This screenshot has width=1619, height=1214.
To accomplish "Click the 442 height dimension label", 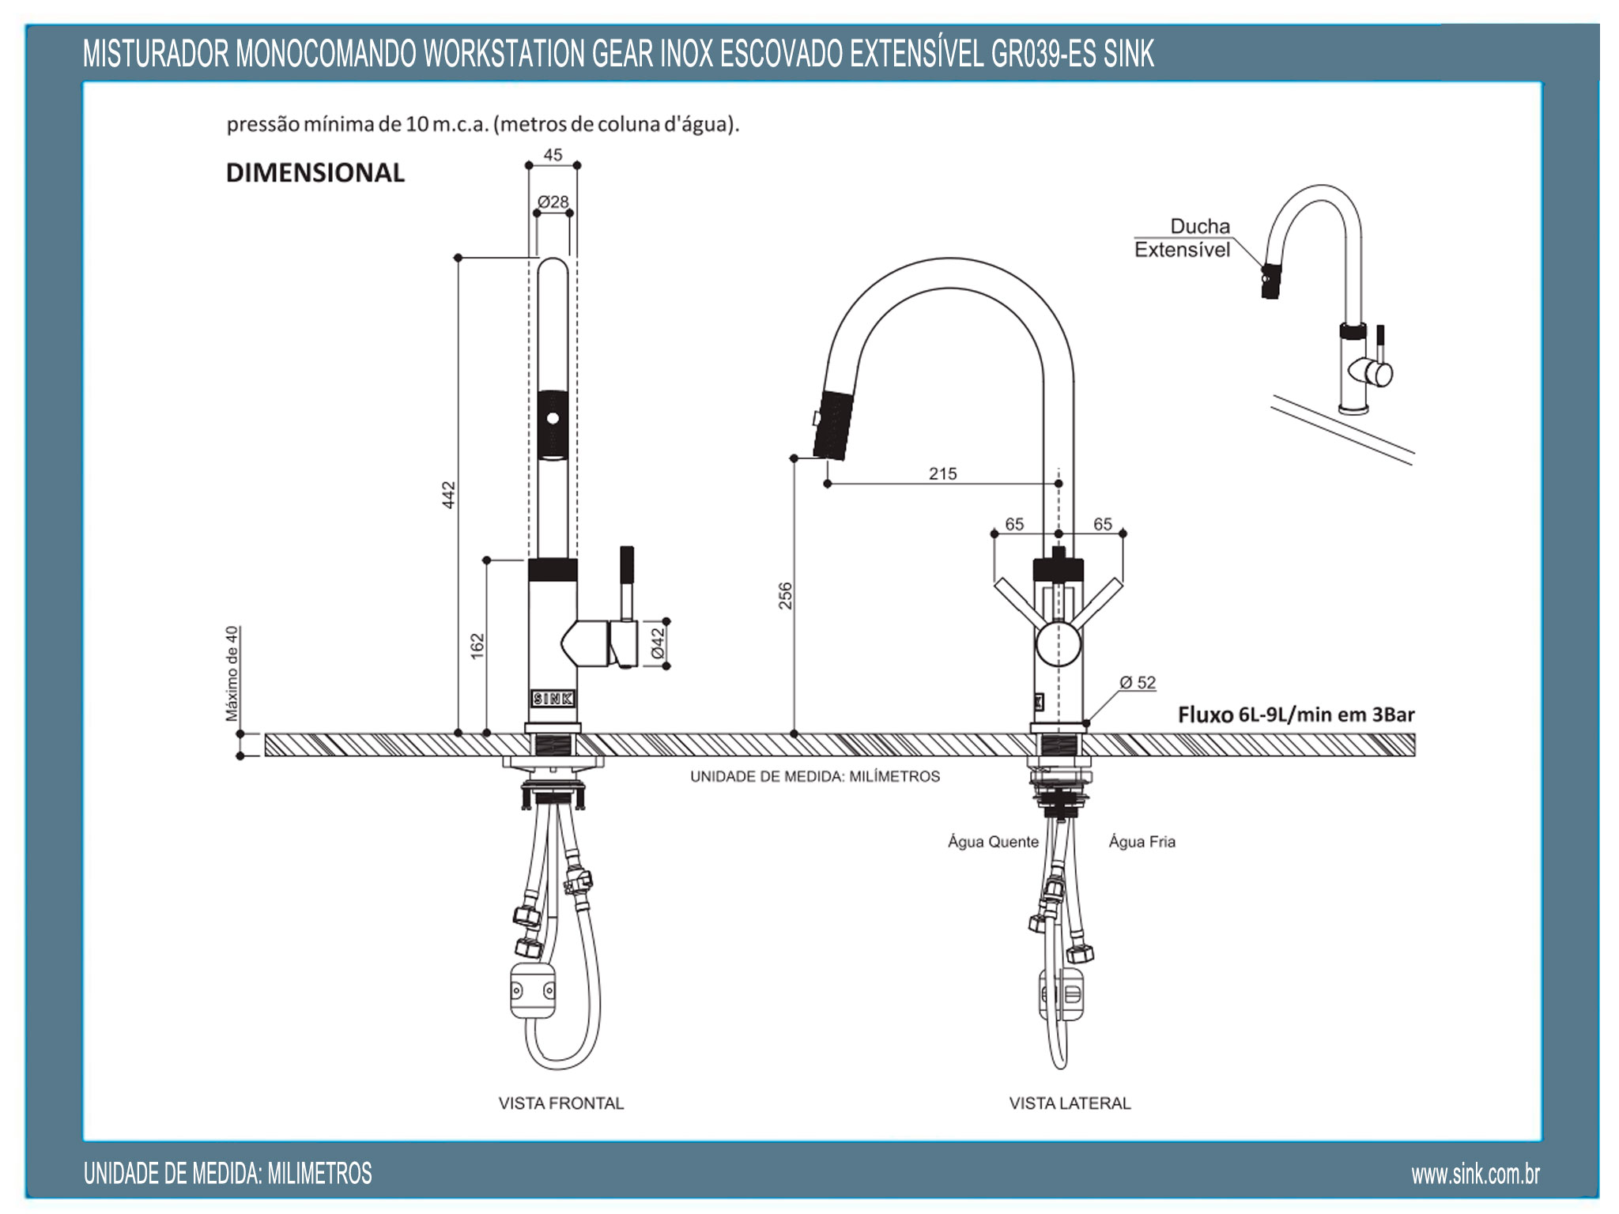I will pyautogui.click(x=448, y=495).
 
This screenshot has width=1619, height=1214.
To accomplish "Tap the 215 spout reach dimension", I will pyautogui.click(x=942, y=473).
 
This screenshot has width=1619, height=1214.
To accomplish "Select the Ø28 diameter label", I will pyautogui.click(x=553, y=202).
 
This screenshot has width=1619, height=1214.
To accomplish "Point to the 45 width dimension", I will pyautogui.click(x=553, y=155).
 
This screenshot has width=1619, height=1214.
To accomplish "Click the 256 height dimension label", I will pyautogui.click(x=785, y=595).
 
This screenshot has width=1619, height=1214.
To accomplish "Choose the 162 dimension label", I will pyautogui.click(x=477, y=645).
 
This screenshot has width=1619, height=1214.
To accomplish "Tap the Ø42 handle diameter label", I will pyautogui.click(x=657, y=643).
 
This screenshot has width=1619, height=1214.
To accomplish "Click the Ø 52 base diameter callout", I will pyautogui.click(x=1138, y=682).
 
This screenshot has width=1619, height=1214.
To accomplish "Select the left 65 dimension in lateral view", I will pyautogui.click(x=1014, y=524).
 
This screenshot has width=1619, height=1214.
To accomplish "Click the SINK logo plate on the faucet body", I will pyautogui.click(x=553, y=699).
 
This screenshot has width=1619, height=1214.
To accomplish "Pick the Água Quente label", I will pyautogui.click(x=993, y=842).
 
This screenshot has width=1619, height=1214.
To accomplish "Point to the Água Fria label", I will pyautogui.click(x=1142, y=842).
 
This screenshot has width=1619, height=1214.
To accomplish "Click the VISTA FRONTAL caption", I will pyautogui.click(x=560, y=1103).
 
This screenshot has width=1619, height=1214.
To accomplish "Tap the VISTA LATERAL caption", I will pyautogui.click(x=1070, y=1103).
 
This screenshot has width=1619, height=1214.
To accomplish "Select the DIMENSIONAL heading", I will pyautogui.click(x=315, y=172).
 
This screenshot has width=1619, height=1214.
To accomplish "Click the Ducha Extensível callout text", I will pyautogui.click(x=1183, y=238).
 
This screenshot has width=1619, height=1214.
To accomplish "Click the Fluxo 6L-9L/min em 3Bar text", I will pyautogui.click(x=1296, y=714).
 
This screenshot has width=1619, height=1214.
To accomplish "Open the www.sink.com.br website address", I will pyautogui.click(x=1475, y=1174).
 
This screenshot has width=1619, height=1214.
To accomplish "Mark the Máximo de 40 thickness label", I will pyautogui.click(x=232, y=673).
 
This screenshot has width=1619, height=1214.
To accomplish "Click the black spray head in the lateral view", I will pyautogui.click(x=835, y=425).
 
